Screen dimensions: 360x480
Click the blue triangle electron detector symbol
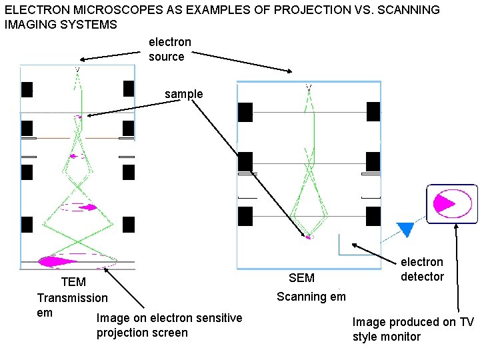coord(405,229)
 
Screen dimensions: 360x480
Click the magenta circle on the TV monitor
coord(445,204)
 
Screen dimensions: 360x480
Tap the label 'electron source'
coord(169,49)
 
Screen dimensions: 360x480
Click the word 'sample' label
coord(183,94)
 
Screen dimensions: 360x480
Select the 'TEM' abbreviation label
coord(73,283)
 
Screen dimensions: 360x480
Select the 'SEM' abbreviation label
coord(301,278)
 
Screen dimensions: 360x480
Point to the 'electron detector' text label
coord(422,269)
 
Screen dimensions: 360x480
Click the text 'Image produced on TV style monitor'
coord(413,329)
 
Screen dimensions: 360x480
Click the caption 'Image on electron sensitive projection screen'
coord(169,325)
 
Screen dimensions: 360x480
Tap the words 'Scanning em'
coord(311,297)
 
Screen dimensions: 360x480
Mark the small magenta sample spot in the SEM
coord(308,237)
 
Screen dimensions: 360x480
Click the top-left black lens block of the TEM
coord(27,89)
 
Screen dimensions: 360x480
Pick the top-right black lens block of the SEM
coord(373,112)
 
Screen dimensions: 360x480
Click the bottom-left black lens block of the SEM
coord(245,217)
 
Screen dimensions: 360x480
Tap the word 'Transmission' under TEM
coord(72,297)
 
